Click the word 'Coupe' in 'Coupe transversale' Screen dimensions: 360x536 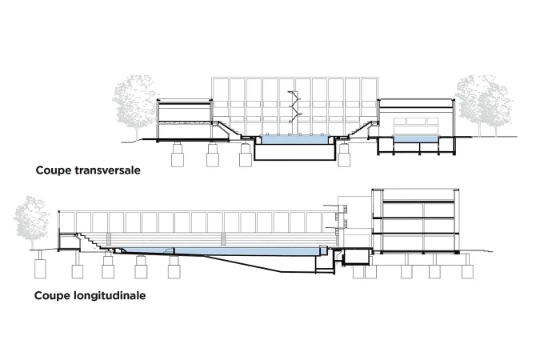point(54,170)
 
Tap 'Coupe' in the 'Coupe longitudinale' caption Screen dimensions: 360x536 point(52,295)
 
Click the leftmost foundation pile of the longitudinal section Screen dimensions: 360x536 point(41,265)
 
